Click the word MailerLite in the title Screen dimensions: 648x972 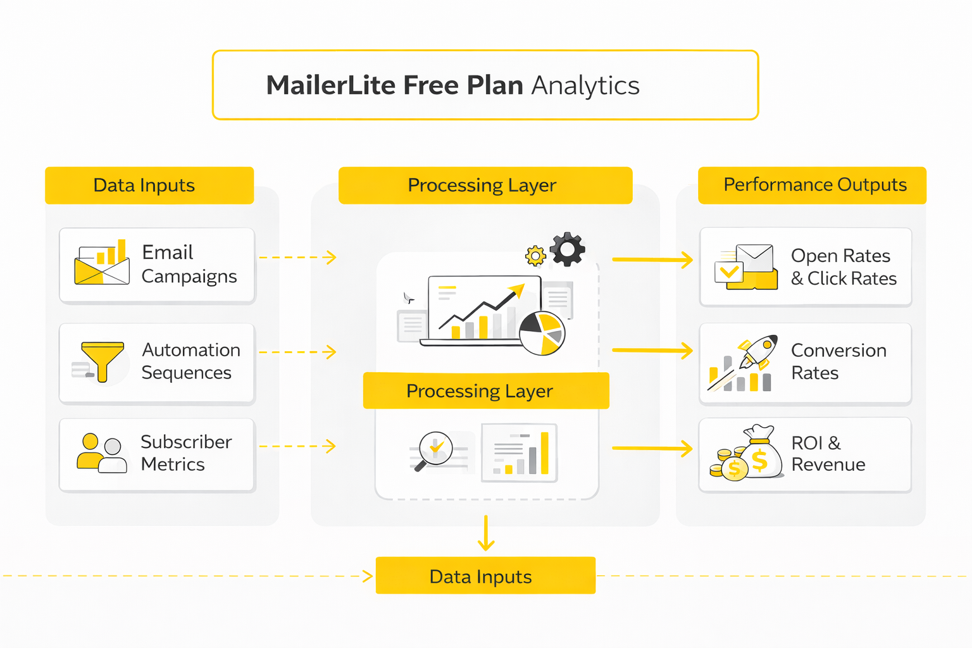330,85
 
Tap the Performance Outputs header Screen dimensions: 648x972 814,185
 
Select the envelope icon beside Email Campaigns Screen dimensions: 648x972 102,264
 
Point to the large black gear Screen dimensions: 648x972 568,249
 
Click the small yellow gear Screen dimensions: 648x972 535,256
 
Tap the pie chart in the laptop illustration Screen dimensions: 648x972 542,333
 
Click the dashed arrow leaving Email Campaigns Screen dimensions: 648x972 297,258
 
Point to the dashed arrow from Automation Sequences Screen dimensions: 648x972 297,352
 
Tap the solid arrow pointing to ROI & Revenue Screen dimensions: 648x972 652,449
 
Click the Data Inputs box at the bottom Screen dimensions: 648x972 485,576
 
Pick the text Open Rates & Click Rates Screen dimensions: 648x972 843,267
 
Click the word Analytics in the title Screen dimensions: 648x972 585,85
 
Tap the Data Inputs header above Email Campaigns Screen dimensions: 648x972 144,185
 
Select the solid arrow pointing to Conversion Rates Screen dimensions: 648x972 652,351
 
